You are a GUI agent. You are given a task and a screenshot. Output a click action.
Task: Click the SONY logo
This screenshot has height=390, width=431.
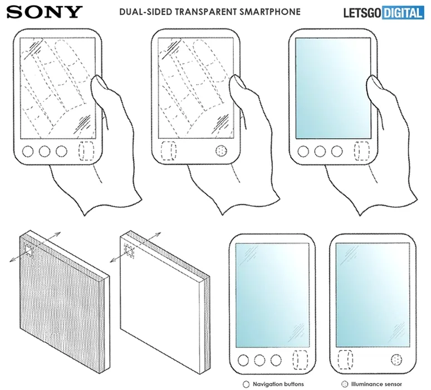click(x=44, y=12)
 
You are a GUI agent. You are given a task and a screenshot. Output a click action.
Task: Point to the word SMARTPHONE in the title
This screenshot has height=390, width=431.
click(x=270, y=12)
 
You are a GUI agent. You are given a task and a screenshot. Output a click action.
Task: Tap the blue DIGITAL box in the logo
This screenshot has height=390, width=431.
click(x=403, y=13)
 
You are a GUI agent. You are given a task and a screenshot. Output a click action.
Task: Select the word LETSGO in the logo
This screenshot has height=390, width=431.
click(x=363, y=13)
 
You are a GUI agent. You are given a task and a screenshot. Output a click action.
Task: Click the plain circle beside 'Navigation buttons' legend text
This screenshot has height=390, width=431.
click(x=246, y=384)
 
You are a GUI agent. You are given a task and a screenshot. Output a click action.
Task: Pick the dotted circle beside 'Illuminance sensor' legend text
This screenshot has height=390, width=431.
click(x=345, y=384)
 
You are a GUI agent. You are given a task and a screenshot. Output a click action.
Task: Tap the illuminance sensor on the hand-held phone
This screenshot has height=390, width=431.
click(x=221, y=151)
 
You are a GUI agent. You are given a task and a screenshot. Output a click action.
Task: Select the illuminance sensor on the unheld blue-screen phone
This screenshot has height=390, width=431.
click(x=396, y=360)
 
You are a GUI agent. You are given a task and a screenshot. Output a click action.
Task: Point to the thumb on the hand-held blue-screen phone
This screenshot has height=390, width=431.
click(x=375, y=91)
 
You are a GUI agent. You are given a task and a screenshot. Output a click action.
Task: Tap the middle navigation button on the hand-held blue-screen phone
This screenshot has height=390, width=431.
click(x=320, y=152)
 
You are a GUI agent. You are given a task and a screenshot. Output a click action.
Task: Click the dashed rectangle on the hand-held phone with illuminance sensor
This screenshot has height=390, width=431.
click(x=168, y=151)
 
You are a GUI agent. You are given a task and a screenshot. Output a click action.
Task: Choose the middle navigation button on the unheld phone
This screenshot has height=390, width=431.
click(x=259, y=360)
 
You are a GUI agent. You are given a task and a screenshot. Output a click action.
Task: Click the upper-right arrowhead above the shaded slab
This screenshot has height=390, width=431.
click(x=57, y=235)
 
